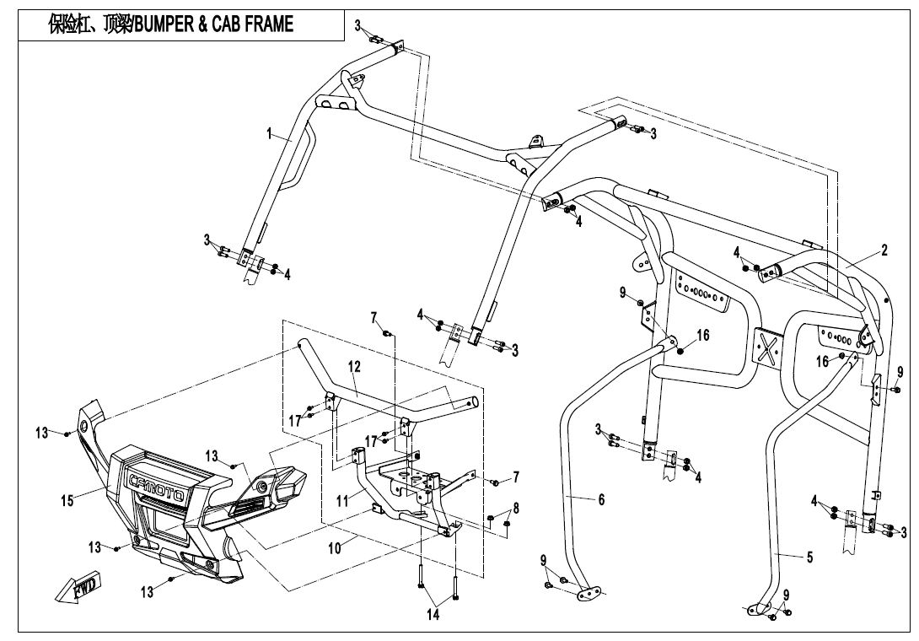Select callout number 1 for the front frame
269,133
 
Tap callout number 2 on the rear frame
884,250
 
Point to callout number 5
809,557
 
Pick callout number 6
601,499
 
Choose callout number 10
335,547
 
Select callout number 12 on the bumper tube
354,366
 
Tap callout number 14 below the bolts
433,616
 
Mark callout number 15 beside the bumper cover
67,500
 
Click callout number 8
516,508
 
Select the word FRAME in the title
268,24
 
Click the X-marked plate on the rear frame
767,348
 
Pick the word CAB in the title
226,24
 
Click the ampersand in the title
202,24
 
